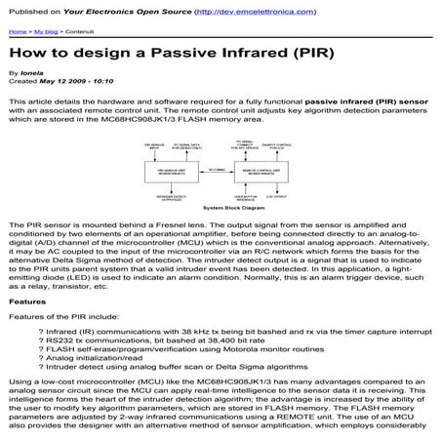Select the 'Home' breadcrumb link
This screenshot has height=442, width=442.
click(x=17, y=32)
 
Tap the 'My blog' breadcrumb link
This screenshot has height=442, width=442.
click(x=45, y=32)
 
